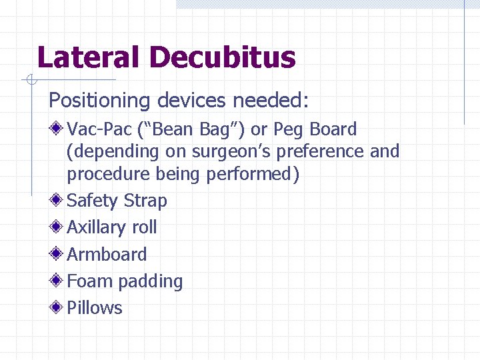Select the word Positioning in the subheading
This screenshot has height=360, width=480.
[x=100, y=101]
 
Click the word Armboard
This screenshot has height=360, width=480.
[x=107, y=254]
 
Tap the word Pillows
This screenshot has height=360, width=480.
[x=95, y=308]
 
